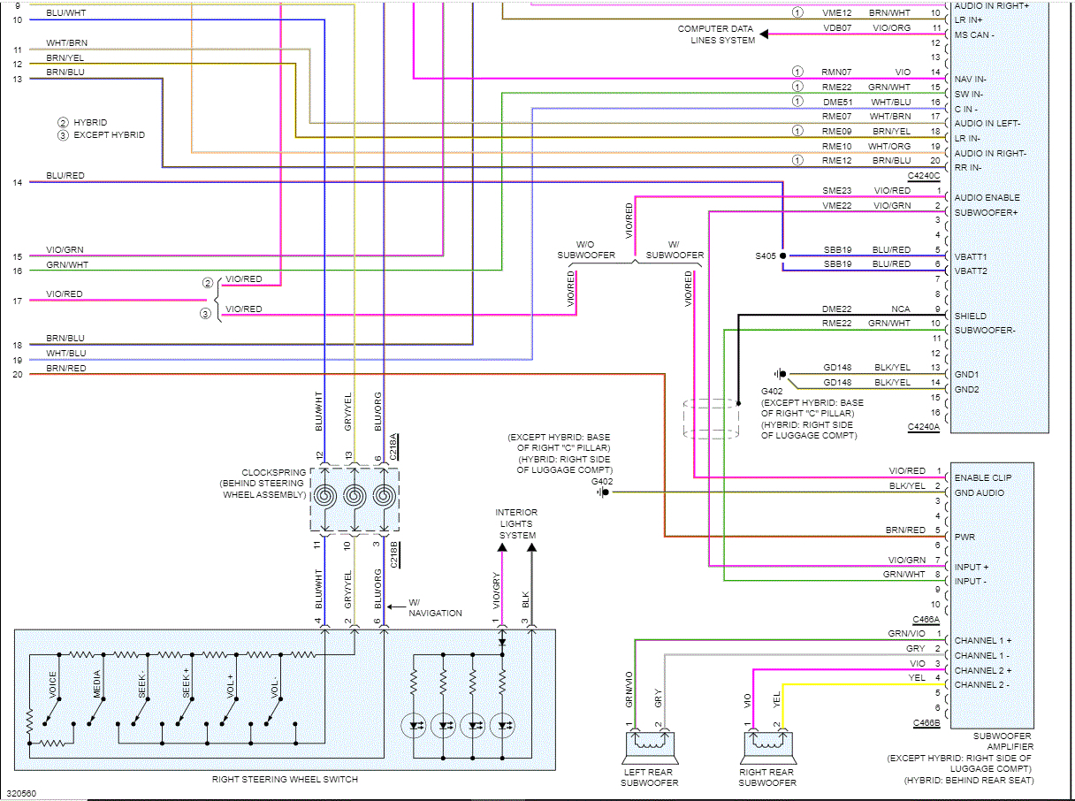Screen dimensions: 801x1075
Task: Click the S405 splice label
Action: click(765, 256)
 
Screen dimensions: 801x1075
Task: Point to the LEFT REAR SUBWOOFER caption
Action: click(649, 777)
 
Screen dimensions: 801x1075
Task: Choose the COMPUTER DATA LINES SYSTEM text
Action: click(716, 34)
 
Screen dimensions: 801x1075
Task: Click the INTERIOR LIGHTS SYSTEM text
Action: click(516, 523)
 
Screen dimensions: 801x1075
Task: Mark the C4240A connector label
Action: click(924, 427)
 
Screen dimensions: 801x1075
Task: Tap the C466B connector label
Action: click(926, 723)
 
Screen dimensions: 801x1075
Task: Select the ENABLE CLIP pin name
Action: click(983, 477)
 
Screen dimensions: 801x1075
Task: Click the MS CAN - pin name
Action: click(974, 34)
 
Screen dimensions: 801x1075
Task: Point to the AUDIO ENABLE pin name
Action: click(987, 197)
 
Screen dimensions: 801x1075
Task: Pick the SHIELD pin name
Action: click(970, 316)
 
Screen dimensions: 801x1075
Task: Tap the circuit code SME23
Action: click(837, 190)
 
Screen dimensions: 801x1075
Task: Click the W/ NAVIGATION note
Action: click(435, 607)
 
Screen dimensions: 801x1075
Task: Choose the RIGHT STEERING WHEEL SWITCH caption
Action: click(285, 779)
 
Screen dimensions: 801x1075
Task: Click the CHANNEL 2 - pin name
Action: click(981, 684)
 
